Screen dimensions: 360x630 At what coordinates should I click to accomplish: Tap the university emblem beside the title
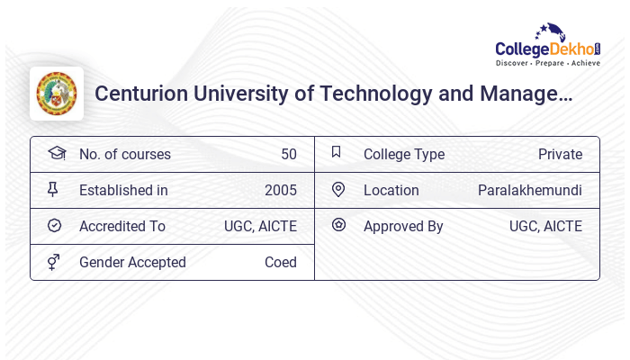point(57,94)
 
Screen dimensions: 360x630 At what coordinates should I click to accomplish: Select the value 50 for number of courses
point(289,154)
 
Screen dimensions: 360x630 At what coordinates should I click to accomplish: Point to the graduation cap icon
point(56,153)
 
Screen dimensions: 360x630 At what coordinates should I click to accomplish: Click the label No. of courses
point(124,154)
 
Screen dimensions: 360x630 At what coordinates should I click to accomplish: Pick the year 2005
point(281,190)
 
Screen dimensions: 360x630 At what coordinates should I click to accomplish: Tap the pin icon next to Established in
point(53,189)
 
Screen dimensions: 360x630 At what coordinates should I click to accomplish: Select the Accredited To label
point(122,226)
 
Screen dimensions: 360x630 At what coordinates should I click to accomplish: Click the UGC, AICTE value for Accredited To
point(260,226)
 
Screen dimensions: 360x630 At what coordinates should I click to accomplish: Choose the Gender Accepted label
point(132,262)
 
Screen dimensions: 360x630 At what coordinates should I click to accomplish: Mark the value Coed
point(281,262)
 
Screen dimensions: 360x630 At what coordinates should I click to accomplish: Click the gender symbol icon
point(54,262)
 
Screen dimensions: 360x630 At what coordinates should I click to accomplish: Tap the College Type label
point(404,154)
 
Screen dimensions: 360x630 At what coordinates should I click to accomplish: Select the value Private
point(560,154)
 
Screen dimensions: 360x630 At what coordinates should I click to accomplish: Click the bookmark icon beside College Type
point(337,152)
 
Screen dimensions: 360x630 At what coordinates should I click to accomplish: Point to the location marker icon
point(338,189)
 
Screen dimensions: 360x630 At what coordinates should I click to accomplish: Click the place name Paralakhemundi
point(530,190)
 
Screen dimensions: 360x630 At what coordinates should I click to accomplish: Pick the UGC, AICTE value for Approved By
point(545,226)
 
